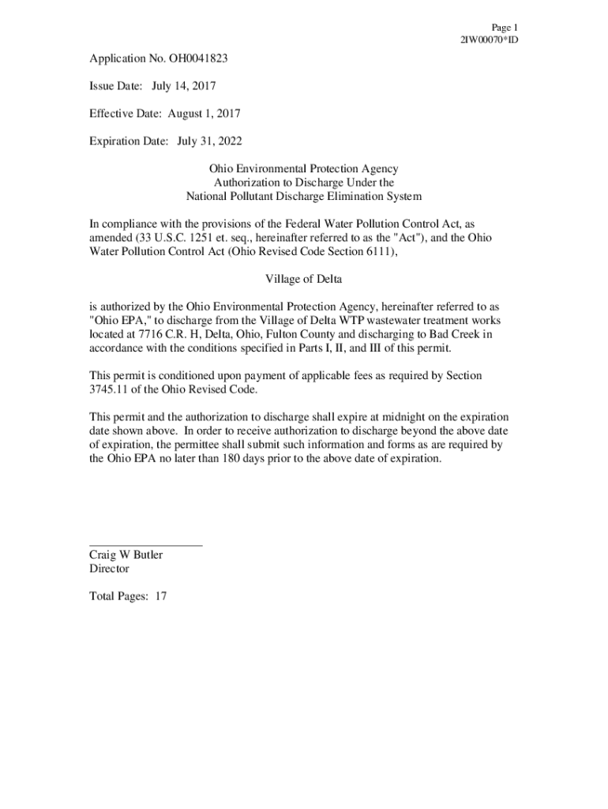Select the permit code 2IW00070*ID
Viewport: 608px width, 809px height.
pos(489,40)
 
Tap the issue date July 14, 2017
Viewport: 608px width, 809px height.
pos(184,86)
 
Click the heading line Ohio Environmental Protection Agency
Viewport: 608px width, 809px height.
pos(303,169)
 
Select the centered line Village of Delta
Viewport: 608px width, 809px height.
pos(303,279)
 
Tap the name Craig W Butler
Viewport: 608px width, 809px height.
pos(126,555)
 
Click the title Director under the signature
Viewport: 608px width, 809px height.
pos(109,568)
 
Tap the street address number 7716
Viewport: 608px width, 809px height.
pos(146,335)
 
